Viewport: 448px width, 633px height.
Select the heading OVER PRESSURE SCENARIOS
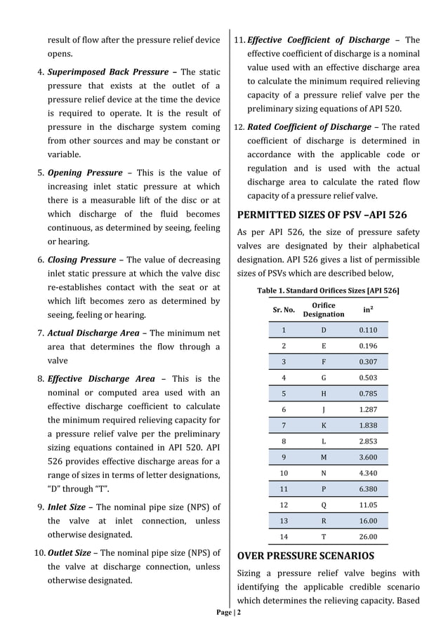pos(307,557)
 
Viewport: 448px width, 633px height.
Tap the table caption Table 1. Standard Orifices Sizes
pos(328,290)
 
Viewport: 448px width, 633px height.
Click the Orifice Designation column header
pos(323,310)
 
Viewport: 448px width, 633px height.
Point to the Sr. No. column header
pos(284,310)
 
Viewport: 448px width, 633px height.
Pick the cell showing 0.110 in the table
pos(368,330)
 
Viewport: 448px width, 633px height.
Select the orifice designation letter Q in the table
pos(324,505)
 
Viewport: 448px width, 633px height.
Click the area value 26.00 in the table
pos(368,537)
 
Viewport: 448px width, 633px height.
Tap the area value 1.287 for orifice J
pos(368,409)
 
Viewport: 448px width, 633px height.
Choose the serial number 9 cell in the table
pos(284,457)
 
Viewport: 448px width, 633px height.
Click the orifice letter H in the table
pos(324,393)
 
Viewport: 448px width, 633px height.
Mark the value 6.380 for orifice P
pos(368,488)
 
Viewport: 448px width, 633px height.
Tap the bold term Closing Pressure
pos(81,260)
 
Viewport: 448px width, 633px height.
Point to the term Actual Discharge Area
pos(93,333)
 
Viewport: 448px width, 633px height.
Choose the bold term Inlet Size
pos(67,507)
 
